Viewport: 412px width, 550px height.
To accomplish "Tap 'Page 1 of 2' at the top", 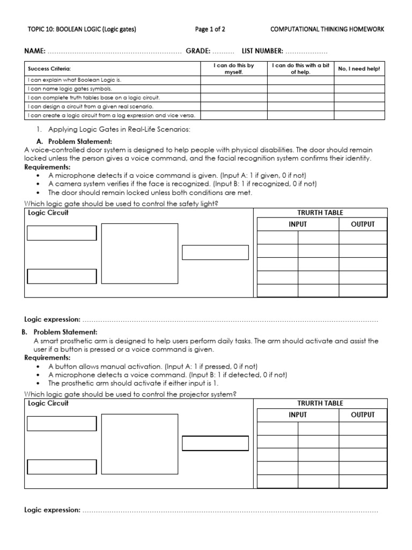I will pos(210,30).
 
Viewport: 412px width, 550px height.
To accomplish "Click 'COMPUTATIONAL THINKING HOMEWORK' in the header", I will pos(328,30).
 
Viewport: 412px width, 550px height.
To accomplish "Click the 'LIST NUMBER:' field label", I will pos(262,51).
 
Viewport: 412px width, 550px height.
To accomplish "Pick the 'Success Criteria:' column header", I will pos(49,69).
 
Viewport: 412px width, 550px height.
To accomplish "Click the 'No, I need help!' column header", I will pos(358,69).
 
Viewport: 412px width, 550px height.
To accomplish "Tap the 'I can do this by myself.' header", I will pos(233,69).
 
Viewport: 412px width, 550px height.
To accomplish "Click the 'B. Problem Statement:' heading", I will pos(60,332).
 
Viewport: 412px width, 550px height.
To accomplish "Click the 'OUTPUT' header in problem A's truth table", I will pos(363,224).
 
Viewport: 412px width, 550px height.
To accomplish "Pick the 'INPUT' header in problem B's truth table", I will pos(298,415).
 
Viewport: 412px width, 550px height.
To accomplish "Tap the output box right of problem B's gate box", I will pos(215,444).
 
